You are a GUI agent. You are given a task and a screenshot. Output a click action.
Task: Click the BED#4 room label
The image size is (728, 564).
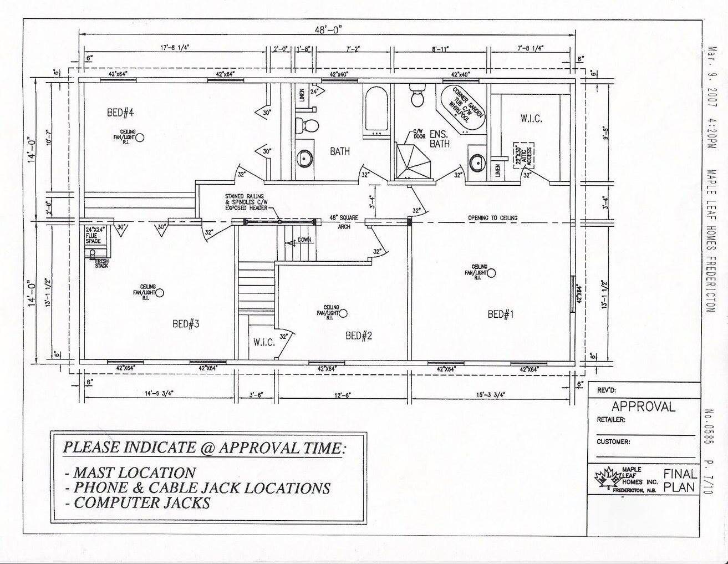121,113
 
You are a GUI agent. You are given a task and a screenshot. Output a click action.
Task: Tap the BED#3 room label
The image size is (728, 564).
186,324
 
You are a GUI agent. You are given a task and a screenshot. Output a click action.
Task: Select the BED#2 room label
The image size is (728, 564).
358,335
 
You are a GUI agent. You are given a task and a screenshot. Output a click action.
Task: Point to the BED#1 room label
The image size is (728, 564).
501,314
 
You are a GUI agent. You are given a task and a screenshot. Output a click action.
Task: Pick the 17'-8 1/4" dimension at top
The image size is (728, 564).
175,48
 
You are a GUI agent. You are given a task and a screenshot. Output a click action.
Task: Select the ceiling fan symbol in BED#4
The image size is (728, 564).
140,138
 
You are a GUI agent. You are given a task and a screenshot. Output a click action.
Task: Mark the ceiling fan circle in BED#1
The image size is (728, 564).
491,272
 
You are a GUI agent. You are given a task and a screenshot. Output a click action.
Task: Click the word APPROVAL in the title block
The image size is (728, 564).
643,407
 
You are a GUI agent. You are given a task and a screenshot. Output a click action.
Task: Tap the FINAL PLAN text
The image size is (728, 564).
680,481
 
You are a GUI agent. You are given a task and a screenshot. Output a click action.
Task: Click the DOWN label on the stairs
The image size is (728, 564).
304,240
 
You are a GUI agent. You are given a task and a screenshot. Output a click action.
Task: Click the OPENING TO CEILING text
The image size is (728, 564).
492,218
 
